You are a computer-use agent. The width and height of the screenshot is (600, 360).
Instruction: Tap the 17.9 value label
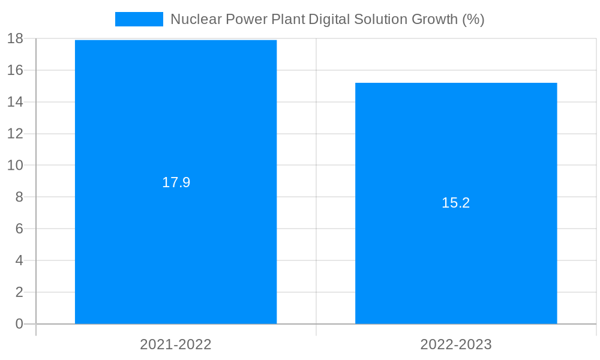pos(176,182)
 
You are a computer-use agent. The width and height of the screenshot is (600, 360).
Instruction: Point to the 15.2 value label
pos(456,203)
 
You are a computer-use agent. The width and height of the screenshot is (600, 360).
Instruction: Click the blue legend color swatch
pos(139,19)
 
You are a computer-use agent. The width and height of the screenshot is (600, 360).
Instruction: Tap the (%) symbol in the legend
pos(473,19)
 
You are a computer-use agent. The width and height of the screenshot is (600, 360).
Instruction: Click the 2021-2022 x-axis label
pos(176,344)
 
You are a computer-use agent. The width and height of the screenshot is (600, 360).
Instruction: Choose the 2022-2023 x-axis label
pos(456,344)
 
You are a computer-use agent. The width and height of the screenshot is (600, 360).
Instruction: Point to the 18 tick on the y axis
pos(15,39)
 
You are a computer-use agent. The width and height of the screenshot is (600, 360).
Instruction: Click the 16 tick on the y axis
pos(15,70)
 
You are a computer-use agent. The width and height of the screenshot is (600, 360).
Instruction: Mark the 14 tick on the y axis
pos(15,102)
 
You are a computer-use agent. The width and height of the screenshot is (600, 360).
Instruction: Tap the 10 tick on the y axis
pos(15,166)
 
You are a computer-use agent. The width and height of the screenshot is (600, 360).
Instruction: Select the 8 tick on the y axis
pos(19,197)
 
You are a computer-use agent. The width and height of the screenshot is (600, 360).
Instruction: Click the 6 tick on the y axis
pos(19,229)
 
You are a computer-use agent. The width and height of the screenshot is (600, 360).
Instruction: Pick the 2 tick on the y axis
pos(19,292)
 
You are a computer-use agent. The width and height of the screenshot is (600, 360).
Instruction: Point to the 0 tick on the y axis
pos(19,324)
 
